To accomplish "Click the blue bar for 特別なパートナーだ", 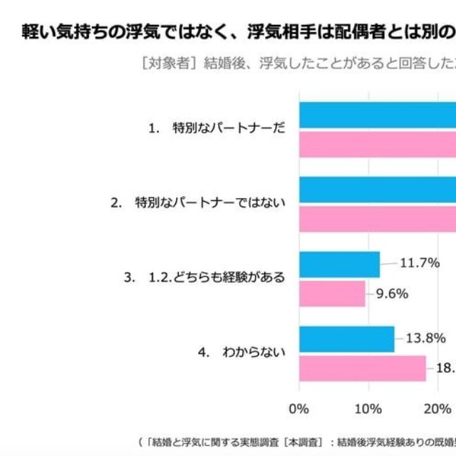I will point(378,115).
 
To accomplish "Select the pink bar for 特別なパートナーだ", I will point(378,143).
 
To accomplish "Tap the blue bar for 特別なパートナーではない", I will point(378,190).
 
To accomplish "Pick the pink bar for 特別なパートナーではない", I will point(378,219).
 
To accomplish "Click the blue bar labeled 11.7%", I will point(339,264).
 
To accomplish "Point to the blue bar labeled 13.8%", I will point(346,339).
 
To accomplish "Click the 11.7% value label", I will point(420,263).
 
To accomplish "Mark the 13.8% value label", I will point(427,338).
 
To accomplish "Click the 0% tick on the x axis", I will point(299,408).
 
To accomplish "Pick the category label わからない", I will point(254,352).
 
